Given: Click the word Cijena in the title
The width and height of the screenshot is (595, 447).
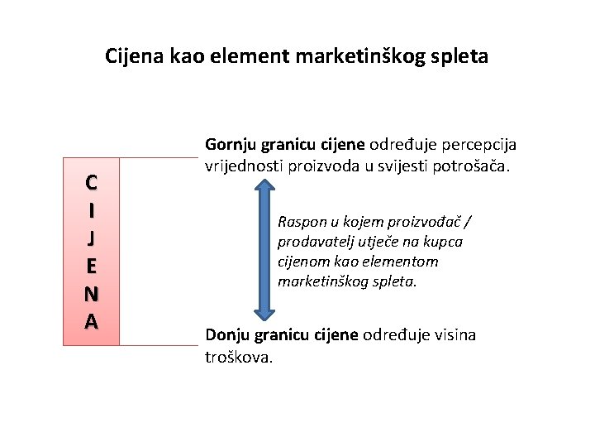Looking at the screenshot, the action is (x=135, y=56).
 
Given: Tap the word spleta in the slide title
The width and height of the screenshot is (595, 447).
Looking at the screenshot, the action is (x=459, y=56).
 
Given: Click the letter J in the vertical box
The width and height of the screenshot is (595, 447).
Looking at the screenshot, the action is (x=92, y=238).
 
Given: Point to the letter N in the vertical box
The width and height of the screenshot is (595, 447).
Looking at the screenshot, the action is (x=92, y=293).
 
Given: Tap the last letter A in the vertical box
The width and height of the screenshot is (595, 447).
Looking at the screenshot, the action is (x=92, y=321).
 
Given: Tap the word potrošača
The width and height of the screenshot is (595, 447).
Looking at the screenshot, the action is (x=475, y=166).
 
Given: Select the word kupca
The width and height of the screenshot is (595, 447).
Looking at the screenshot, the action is (x=443, y=242).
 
